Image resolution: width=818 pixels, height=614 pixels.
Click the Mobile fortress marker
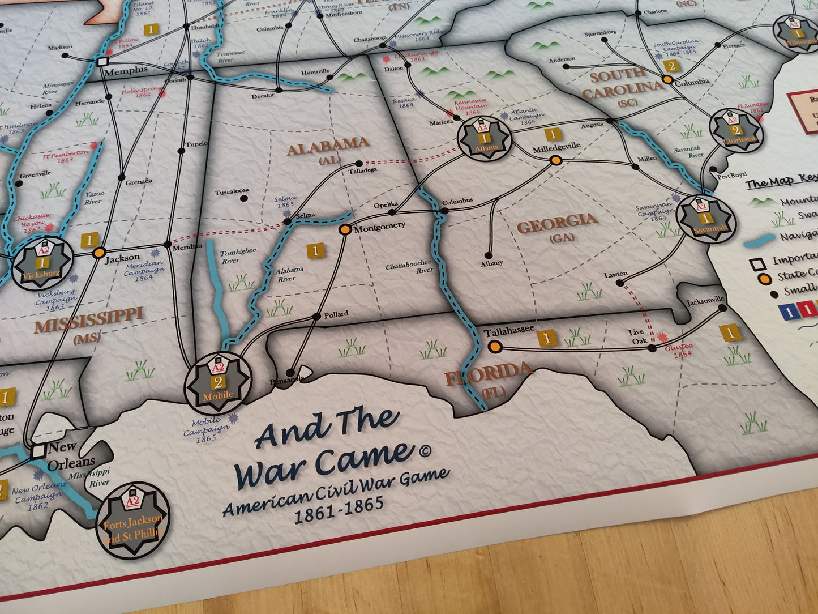(218, 382)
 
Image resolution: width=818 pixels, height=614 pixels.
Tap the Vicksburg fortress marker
(42, 263)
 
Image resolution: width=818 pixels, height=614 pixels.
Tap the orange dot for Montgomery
(344, 230)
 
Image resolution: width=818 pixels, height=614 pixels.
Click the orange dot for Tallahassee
(495, 346)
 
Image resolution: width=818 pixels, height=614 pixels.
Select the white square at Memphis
(103, 61)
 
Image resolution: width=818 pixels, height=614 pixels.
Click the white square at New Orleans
(38, 451)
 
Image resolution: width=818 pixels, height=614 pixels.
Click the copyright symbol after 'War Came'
(424, 451)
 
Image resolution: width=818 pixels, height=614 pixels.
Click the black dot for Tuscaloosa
(243, 199)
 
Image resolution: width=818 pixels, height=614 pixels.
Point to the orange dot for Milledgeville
(556, 161)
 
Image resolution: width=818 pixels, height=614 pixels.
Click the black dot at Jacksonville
(722, 308)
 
